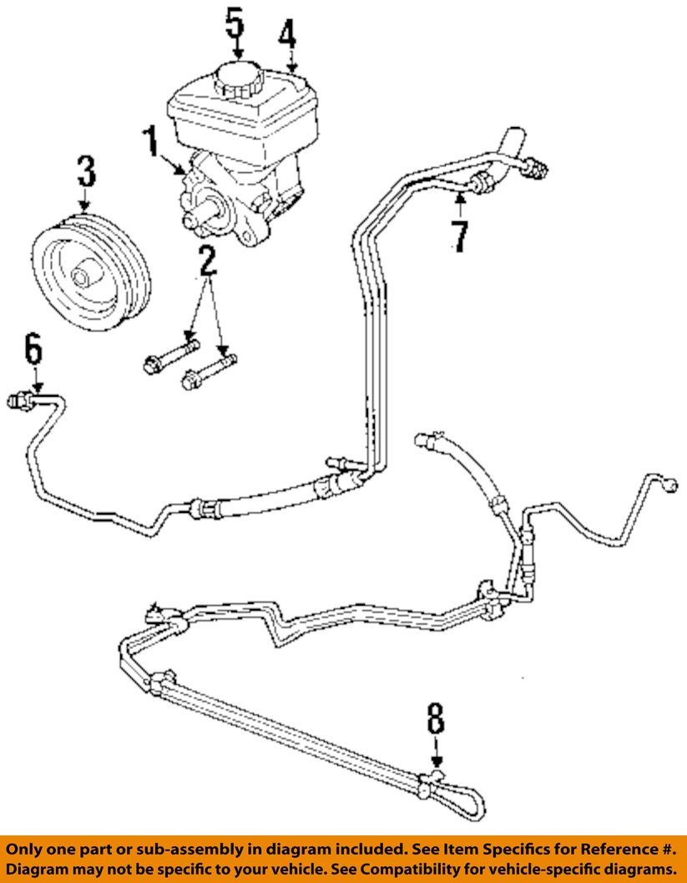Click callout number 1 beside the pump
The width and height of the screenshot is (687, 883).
[151, 144]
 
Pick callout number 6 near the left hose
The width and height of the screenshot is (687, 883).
[33, 350]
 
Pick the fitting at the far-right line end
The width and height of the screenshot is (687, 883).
[669, 483]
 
